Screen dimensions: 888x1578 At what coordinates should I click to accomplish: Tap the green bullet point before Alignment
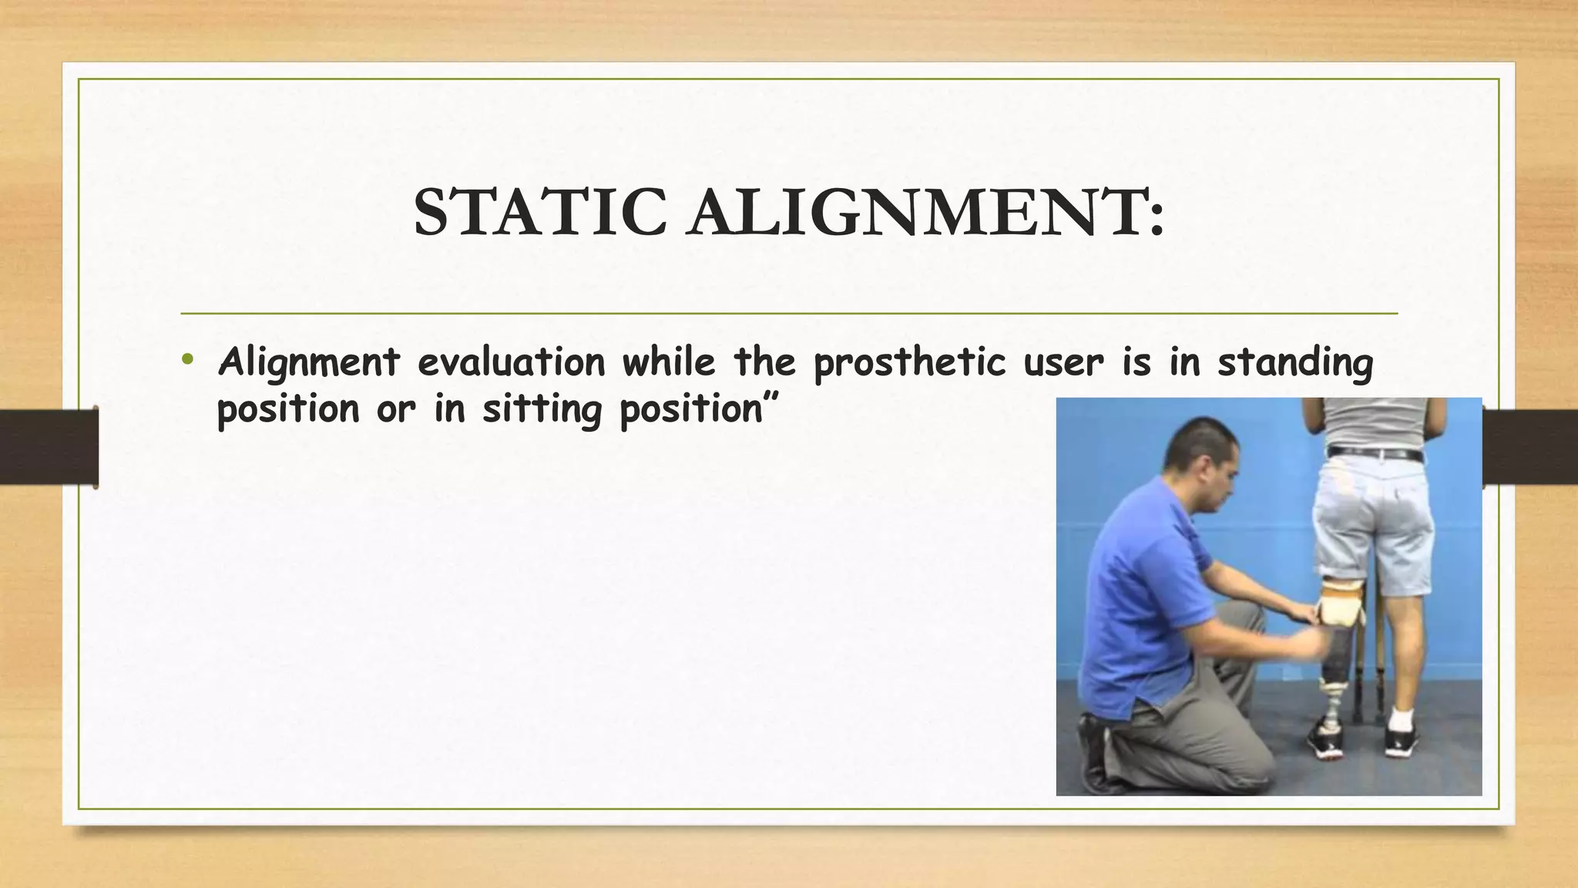tap(187, 358)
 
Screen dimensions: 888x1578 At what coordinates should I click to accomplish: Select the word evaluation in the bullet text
tap(511, 362)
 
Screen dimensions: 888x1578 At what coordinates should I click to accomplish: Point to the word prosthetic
tap(910, 362)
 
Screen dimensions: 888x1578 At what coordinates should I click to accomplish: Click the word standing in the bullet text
tap(1295, 362)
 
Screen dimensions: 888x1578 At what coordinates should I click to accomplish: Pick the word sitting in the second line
tap(541, 409)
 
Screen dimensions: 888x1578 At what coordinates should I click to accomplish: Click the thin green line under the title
tap(788, 314)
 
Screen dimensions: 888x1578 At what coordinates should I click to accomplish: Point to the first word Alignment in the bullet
tap(308, 362)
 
